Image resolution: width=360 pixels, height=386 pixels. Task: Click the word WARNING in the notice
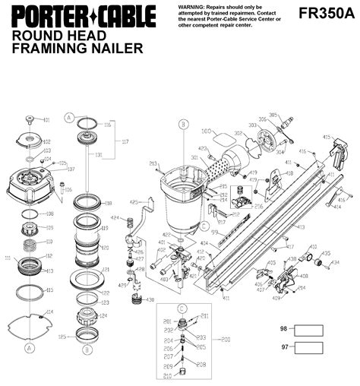(x=192, y=5)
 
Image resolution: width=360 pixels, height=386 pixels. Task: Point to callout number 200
(x=226, y=340)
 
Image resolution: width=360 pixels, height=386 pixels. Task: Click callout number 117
(x=126, y=141)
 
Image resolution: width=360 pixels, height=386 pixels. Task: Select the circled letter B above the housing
(x=183, y=124)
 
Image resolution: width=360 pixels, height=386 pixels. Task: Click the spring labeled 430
(x=137, y=299)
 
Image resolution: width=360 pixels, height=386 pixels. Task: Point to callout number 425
(x=133, y=203)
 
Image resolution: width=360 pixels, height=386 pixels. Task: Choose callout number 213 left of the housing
(x=153, y=163)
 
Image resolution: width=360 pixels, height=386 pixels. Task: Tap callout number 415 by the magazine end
(x=348, y=137)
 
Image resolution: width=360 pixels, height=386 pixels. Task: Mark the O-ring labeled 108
(x=30, y=214)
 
